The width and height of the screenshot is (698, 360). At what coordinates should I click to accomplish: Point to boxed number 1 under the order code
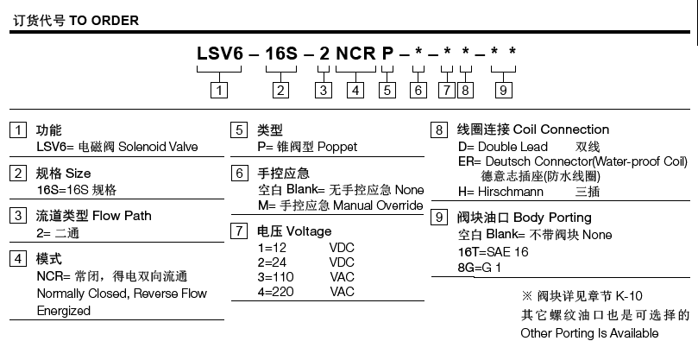click(221, 89)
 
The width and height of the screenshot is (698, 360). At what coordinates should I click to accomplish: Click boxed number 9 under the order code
click(504, 89)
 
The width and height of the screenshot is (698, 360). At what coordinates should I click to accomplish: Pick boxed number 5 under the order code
click(387, 89)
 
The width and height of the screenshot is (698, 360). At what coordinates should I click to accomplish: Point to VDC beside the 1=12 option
click(342, 248)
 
